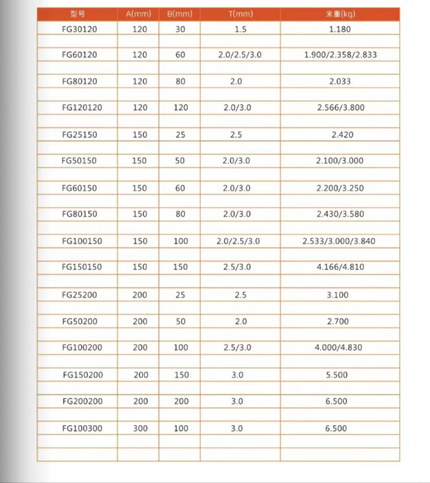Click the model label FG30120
(x=79, y=30)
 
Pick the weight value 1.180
(x=340, y=30)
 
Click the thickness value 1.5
(x=240, y=30)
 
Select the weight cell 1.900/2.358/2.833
(x=340, y=55)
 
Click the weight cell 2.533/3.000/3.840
(x=339, y=241)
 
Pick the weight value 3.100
(x=338, y=295)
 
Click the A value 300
(x=140, y=429)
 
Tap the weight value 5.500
(x=337, y=375)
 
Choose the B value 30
(x=180, y=30)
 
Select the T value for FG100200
(x=237, y=348)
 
